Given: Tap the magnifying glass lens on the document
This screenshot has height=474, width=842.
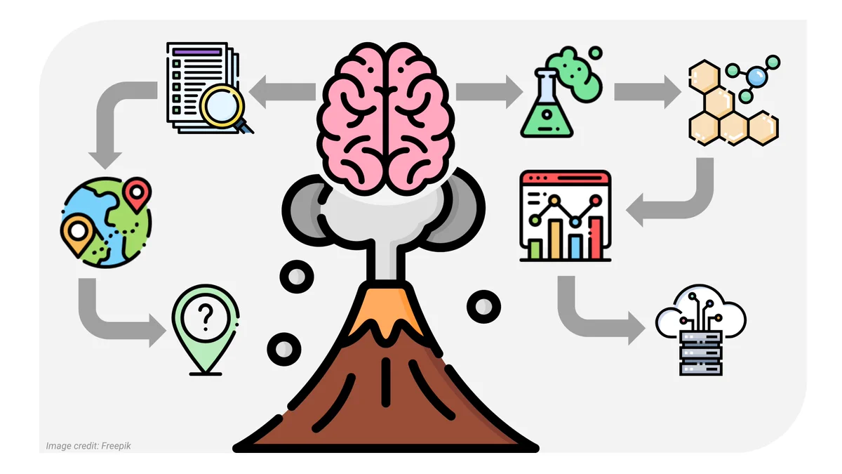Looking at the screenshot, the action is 222,107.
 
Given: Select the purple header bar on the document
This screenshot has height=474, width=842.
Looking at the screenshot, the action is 197,51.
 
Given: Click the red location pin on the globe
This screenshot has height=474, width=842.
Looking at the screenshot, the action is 138,194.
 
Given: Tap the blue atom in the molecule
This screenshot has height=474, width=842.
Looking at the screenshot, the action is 756,77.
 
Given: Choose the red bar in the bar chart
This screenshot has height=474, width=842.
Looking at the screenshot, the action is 596,238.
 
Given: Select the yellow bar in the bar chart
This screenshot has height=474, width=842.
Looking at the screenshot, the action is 556,239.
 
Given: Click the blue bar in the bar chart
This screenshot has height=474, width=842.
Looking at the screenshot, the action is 575,246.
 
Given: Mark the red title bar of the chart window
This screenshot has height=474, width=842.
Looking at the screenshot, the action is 566,178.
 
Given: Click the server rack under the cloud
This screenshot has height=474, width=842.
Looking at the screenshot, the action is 701,353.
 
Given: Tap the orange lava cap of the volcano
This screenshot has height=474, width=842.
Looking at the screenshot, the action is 386,313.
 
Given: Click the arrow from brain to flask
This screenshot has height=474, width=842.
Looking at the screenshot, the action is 489,92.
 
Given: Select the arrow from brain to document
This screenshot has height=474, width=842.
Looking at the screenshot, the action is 282,92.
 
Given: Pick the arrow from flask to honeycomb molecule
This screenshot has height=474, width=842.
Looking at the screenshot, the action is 647,92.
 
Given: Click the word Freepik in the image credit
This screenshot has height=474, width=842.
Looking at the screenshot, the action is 116,446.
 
